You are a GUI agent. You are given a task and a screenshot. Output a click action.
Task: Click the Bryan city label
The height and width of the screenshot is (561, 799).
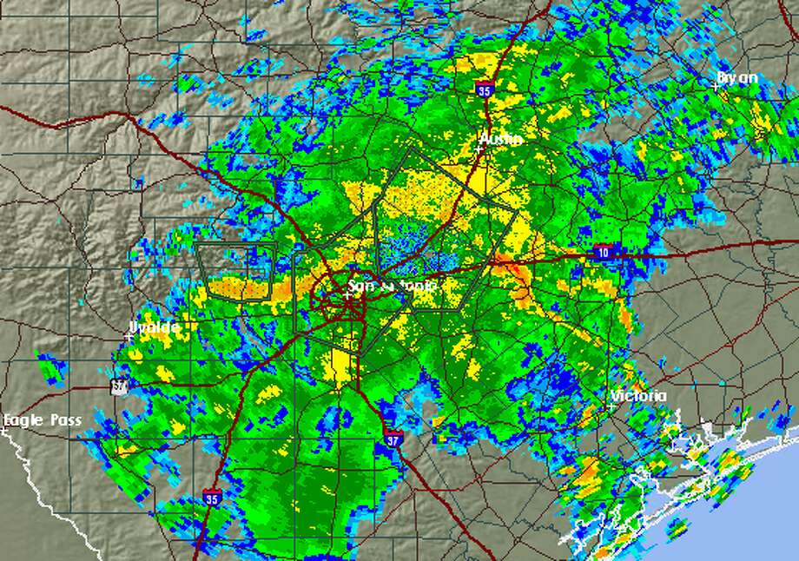point(738,78)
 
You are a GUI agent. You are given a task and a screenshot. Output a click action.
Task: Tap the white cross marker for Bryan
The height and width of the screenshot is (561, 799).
point(716,87)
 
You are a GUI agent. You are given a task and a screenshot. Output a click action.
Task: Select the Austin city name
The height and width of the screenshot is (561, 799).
point(502,139)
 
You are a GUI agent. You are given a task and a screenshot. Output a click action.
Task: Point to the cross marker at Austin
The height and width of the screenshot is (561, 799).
point(479,148)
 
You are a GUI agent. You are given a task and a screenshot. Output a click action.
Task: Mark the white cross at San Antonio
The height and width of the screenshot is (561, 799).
point(347,295)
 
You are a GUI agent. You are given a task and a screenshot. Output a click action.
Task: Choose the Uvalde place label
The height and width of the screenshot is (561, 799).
point(155,327)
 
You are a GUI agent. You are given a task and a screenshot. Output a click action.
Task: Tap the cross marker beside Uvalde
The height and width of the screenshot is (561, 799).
point(129,337)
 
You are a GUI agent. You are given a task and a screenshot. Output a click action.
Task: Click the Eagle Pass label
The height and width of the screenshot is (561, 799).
point(43,420)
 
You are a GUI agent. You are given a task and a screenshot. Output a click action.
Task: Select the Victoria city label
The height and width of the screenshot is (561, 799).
point(639,396)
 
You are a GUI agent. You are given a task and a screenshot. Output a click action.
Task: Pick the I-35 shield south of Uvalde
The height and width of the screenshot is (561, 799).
point(211,498)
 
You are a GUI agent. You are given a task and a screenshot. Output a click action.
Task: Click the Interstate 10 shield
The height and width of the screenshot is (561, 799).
point(602,252)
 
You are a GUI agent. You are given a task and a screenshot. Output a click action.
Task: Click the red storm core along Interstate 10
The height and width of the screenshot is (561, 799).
point(512,271)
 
